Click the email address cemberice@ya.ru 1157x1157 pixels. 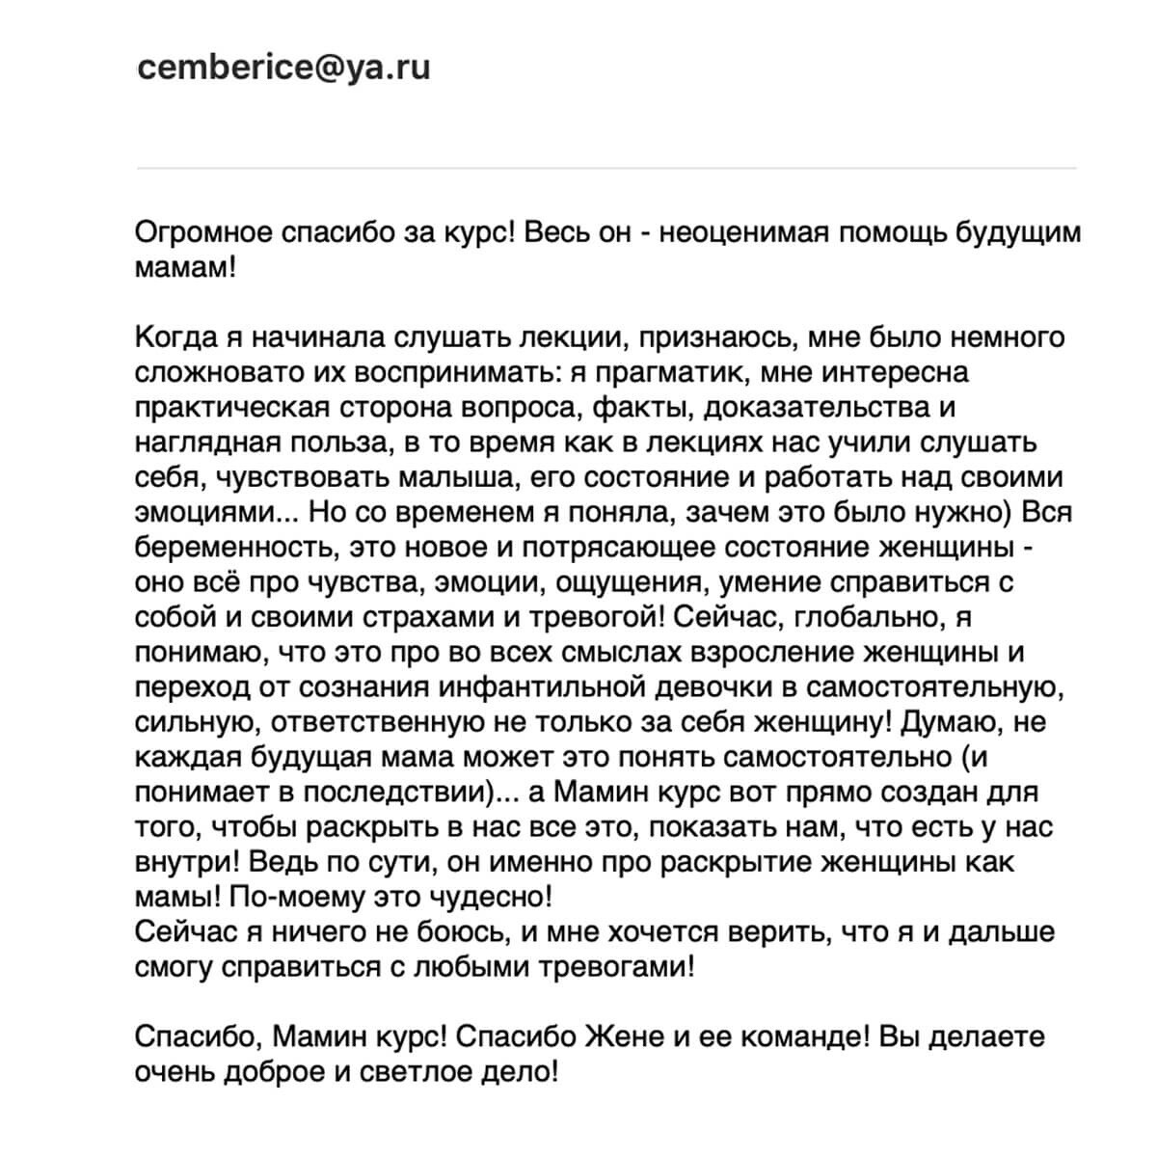click(x=284, y=68)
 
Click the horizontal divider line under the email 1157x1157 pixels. click(x=606, y=168)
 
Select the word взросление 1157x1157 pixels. click(x=767, y=651)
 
